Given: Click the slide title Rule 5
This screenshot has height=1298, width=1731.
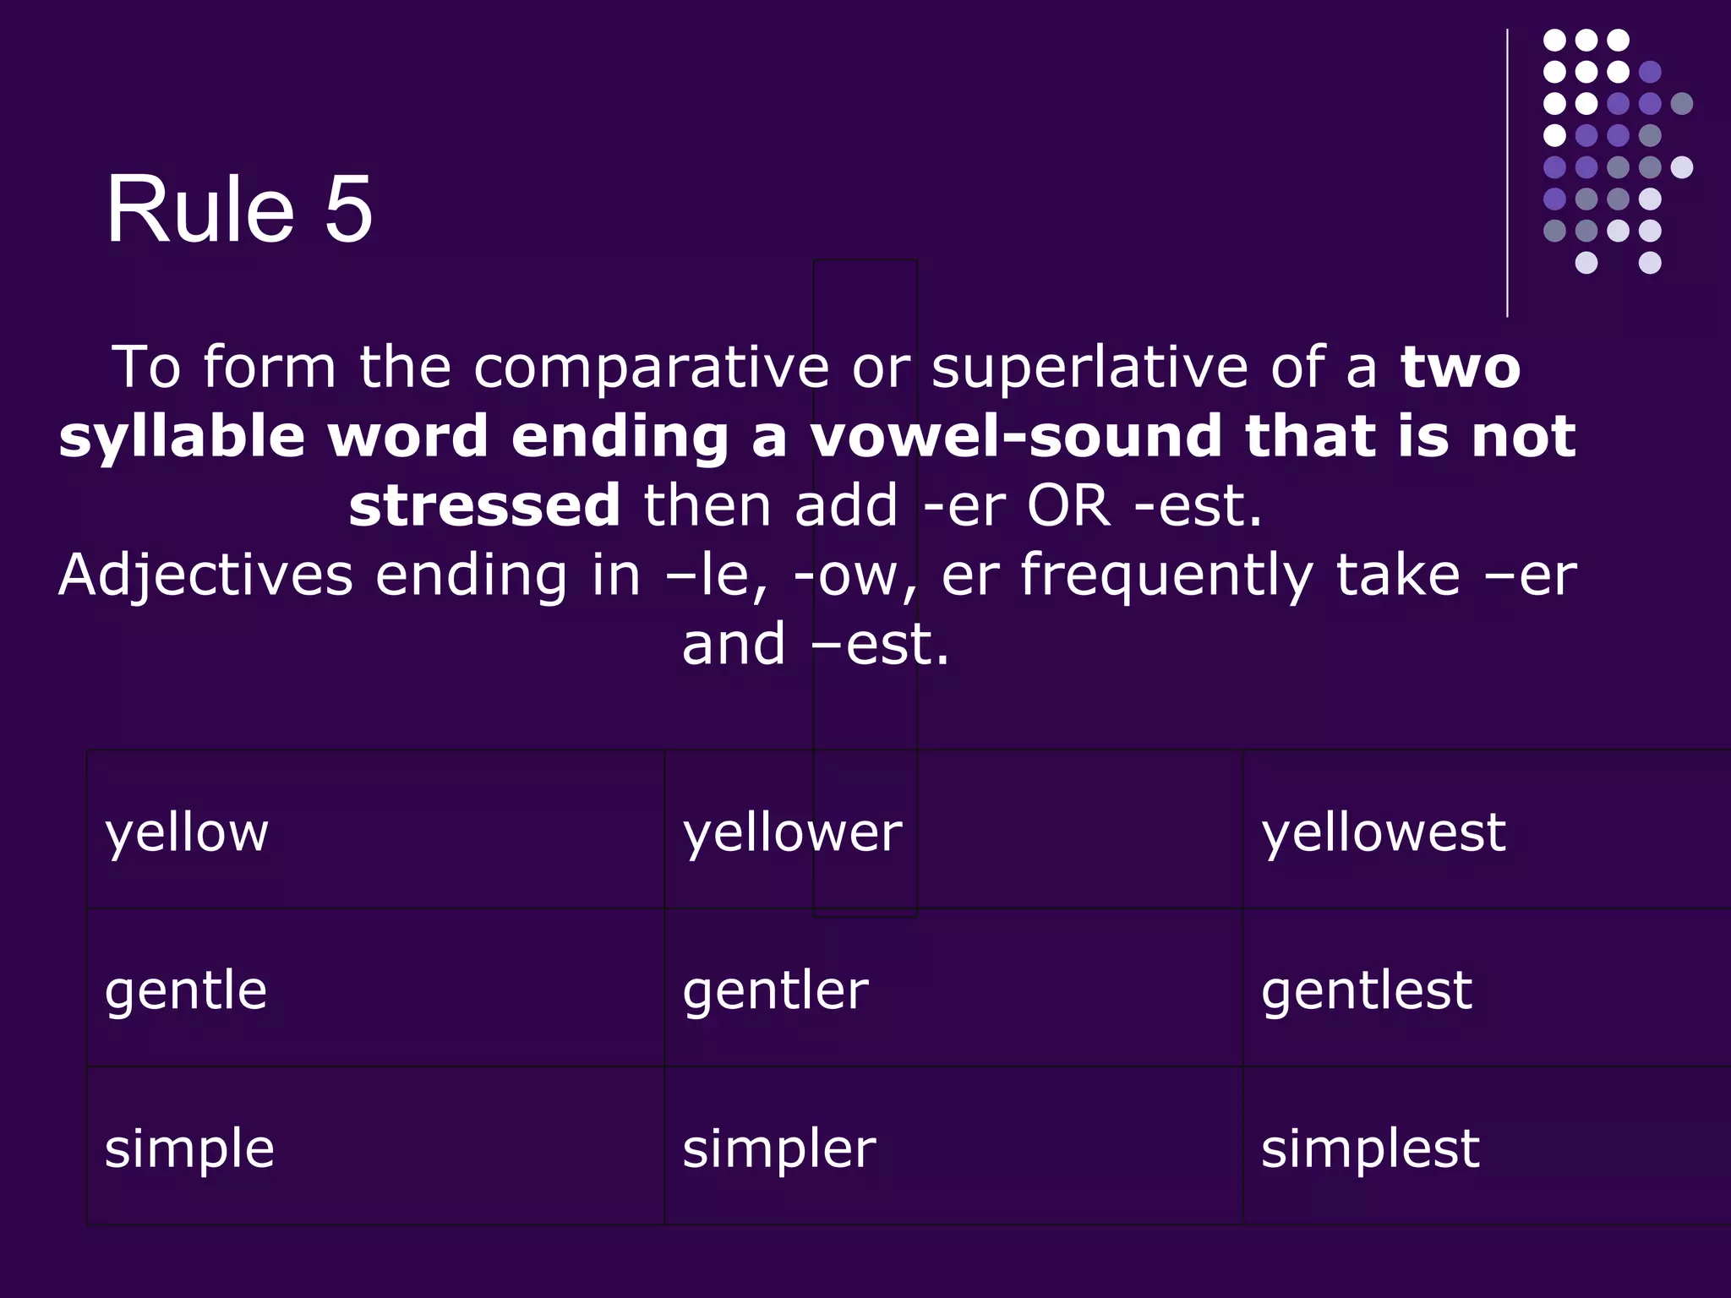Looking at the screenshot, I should click(238, 210).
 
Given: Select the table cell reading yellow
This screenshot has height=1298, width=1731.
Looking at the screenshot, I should click(187, 832).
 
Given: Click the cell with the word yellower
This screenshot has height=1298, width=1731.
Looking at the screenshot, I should click(792, 832).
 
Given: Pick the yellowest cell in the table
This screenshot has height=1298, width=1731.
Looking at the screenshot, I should click(1383, 832).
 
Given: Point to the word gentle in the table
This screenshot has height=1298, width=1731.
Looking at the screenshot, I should click(186, 990).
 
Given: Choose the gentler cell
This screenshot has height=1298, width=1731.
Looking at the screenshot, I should click(775, 990).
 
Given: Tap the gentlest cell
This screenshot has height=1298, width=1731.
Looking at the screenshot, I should click(1366, 990).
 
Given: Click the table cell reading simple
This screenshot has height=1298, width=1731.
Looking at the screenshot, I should click(189, 1148).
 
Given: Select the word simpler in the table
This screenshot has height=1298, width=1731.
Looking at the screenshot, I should click(778, 1148).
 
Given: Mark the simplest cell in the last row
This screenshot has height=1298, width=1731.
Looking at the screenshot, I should click(1370, 1148).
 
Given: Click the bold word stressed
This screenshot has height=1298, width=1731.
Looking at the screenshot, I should click(484, 505).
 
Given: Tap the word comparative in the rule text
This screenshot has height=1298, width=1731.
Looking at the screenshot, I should click(651, 368).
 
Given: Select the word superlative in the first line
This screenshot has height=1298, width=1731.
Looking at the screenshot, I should click(1089, 368).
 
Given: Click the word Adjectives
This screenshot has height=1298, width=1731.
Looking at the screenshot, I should click(205, 575).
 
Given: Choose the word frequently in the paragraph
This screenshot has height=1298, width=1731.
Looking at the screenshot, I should click(1166, 575).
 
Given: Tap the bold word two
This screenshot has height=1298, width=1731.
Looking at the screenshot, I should click(1460, 368).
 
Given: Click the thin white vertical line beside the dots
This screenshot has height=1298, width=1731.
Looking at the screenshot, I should click(1507, 173).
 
